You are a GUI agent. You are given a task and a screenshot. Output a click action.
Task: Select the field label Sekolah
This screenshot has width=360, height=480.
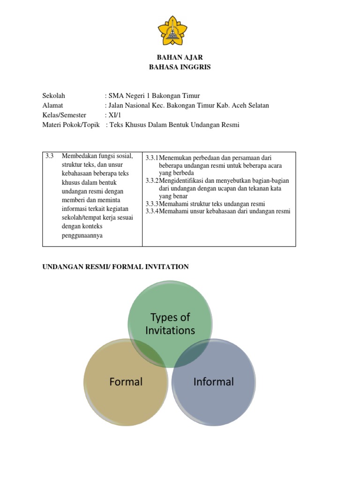pyautogui.click(x=54, y=96)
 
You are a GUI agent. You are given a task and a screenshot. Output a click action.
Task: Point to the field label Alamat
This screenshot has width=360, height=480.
pyautogui.click(x=52, y=105)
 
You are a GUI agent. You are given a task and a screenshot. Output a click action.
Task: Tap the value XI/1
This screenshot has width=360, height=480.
pyautogui.click(x=115, y=115)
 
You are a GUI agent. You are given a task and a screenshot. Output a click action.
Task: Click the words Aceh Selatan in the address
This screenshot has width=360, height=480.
pyautogui.click(x=252, y=105)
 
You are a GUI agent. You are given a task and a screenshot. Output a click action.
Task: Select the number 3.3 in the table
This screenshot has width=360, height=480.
pyautogui.click(x=50, y=156)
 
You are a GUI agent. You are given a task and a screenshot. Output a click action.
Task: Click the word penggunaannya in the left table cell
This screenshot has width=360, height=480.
pyautogui.click(x=82, y=235)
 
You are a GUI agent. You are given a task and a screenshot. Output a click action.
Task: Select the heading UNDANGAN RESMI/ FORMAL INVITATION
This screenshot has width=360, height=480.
pyautogui.click(x=115, y=267)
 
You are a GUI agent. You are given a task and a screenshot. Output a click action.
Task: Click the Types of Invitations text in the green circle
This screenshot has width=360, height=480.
pyautogui.click(x=170, y=324)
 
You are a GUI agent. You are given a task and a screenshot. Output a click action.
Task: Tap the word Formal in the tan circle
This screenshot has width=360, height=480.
pyautogui.click(x=126, y=382)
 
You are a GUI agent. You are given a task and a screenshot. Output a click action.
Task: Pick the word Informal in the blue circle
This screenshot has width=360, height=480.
pyautogui.click(x=214, y=382)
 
